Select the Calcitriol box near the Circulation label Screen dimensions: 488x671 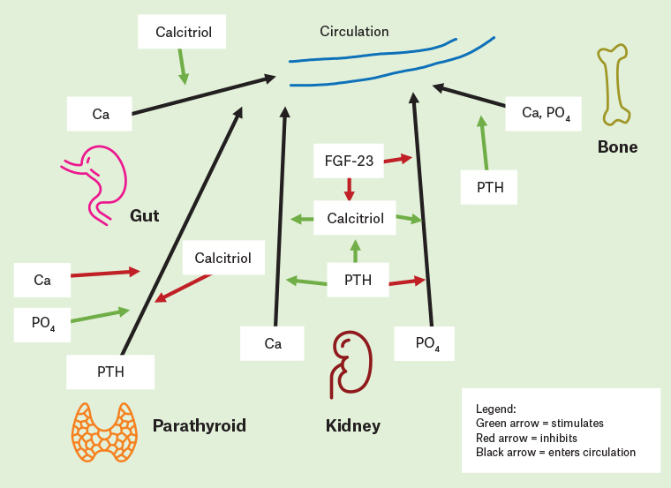pos(183,32)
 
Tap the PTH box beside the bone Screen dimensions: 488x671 pos(489,187)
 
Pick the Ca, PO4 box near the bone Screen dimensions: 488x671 pos(543,112)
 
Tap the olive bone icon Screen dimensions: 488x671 pos(614,86)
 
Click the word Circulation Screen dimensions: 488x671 pos(354,32)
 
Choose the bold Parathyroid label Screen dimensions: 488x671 pos(199,426)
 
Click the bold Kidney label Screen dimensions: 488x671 pos(353,426)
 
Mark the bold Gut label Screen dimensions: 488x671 pos(144,215)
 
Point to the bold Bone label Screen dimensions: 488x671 pos(617,146)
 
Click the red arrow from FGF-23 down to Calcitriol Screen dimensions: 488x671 pos(350,189)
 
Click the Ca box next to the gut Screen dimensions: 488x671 pos(100,114)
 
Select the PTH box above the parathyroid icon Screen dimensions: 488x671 pos(110,372)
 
